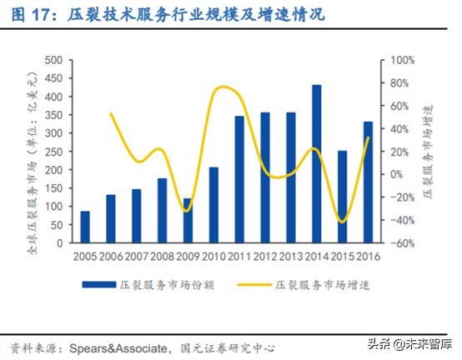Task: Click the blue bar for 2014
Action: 316,164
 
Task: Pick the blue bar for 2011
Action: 239,179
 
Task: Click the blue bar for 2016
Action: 368,182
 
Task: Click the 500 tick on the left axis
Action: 54,61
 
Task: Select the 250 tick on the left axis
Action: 54,152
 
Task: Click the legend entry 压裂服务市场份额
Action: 150,285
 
